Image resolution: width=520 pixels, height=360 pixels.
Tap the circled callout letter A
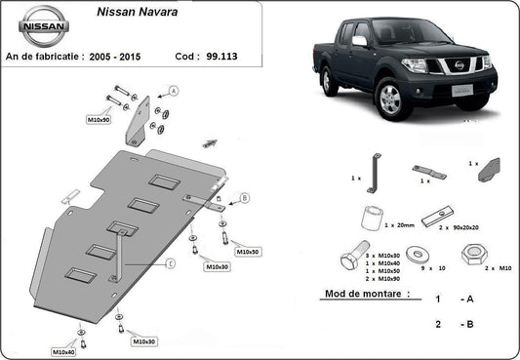coord(174,90)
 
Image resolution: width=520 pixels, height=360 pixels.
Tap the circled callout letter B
coord(244,197)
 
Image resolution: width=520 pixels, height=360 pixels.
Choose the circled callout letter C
coord(170,262)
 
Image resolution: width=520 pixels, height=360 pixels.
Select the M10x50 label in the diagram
coord(249,252)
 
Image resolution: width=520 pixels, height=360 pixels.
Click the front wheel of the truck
coord(389,100)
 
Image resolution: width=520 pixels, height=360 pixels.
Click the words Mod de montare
coord(366,293)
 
